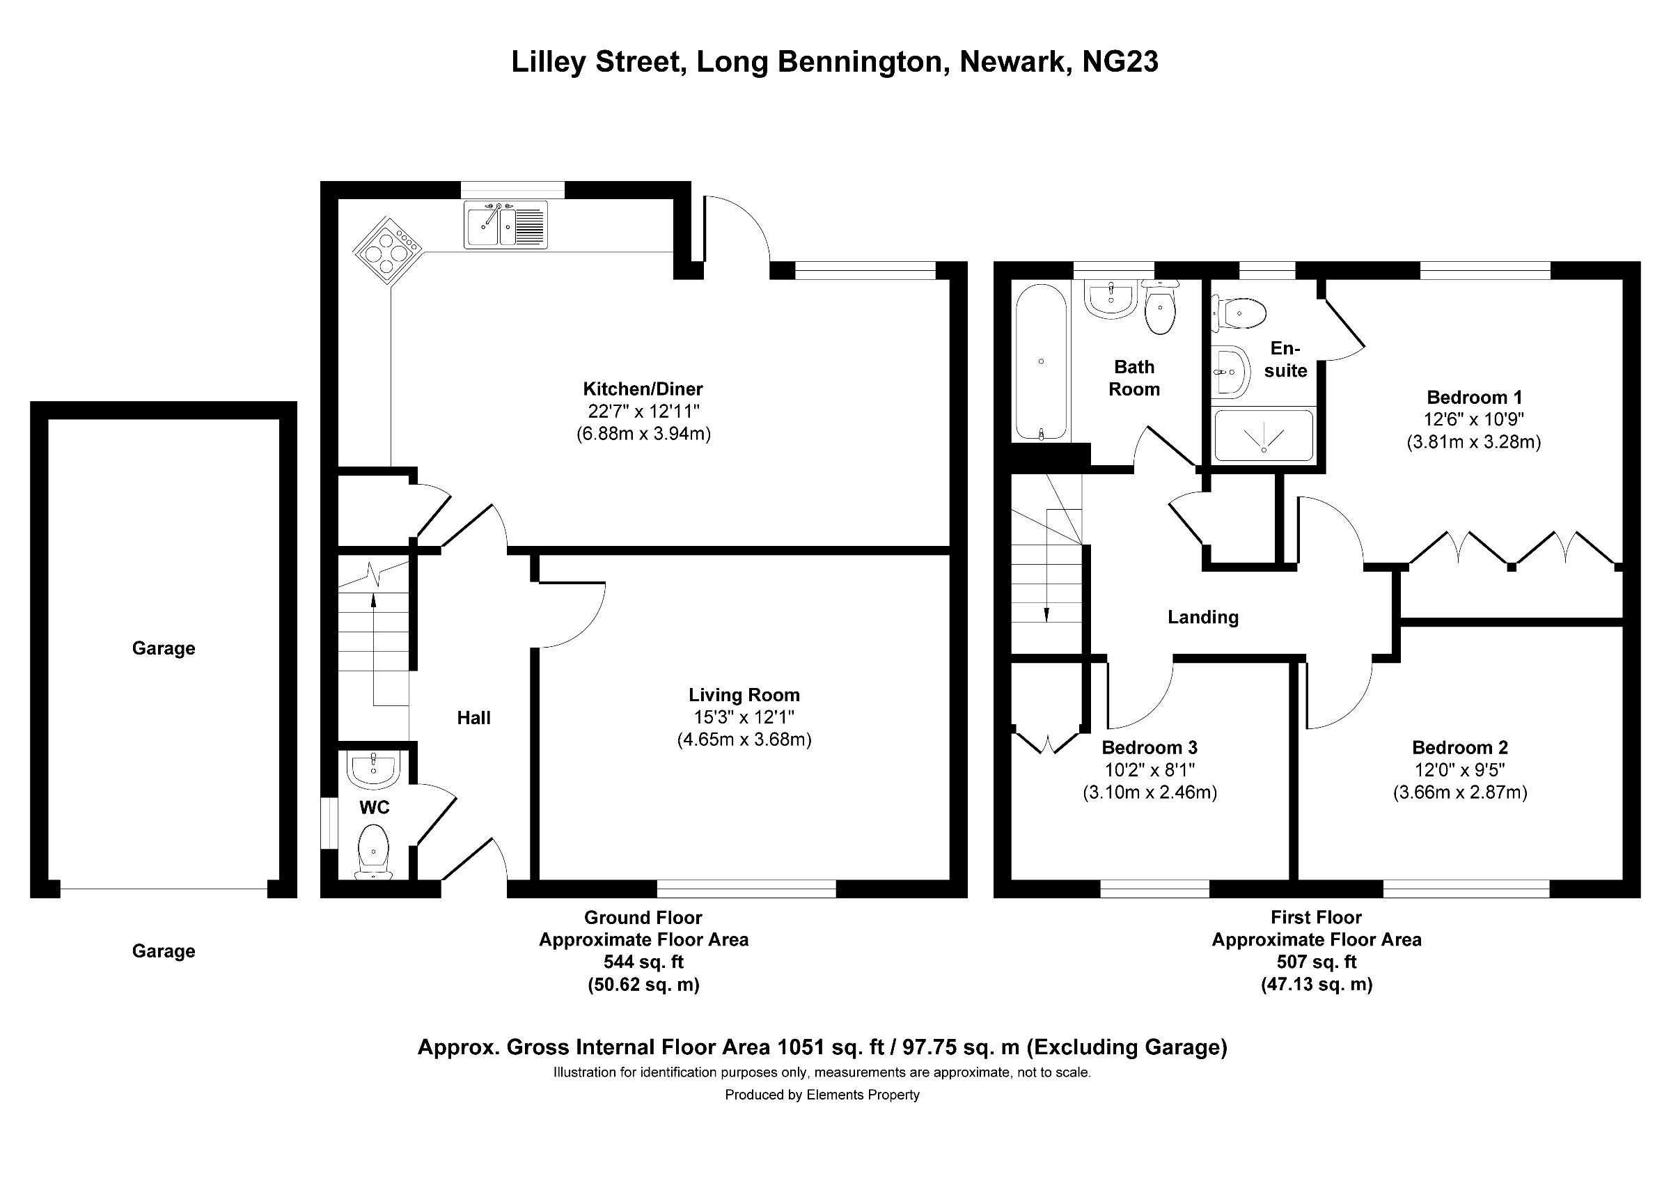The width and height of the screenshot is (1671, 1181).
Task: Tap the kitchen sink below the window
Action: tap(505, 224)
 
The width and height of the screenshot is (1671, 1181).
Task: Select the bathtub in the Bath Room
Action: tap(1041, 362)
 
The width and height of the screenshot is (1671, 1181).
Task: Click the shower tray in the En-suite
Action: tap(1264, 435)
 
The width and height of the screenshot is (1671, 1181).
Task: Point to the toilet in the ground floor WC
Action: tap(374, 852)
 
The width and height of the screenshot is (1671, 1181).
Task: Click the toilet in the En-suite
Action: tap(1239, 314)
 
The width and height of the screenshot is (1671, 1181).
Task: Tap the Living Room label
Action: tap(744, 695)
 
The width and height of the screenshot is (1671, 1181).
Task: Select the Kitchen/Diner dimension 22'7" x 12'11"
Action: tap(643, 411)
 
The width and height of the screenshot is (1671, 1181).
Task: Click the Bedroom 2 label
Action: tap(1460, 747)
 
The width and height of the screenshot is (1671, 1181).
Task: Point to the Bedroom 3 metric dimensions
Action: tap(1150, 792)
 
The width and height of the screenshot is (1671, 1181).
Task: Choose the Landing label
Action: tap(1203, 617)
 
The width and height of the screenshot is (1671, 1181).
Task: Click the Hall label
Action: tap(473, 717)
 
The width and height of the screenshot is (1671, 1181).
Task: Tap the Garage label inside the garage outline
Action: tap(164, 648)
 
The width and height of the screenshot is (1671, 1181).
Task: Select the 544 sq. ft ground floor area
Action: tap(643, 962)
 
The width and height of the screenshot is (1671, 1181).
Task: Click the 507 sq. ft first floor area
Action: tap(1317, 962)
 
